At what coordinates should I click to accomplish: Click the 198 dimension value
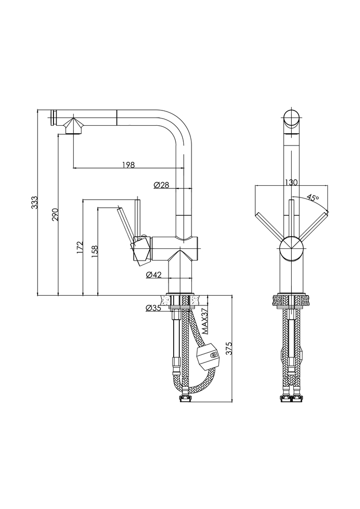click(x=128, y=164)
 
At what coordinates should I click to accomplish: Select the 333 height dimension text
click(x=35, y=202)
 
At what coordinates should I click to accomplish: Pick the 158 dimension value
click(x=95, y=252)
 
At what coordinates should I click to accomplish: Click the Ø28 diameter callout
click(x=161, y=185)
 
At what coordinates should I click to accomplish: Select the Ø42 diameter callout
click(x=154, y=275)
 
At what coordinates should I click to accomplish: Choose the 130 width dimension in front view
click(x=291, y=182)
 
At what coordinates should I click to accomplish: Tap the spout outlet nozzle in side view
click(x=74, y=125)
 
